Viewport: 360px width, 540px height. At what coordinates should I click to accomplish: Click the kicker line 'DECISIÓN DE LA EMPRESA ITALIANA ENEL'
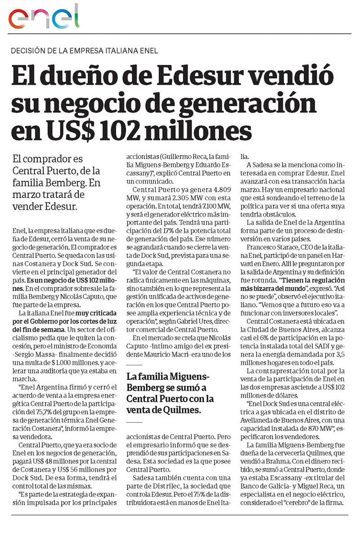click(x=84, y=51)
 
